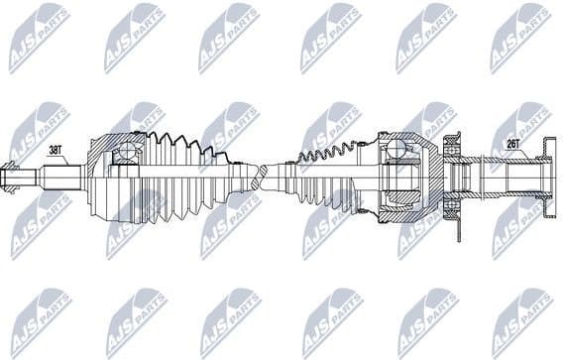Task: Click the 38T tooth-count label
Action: (56, 150)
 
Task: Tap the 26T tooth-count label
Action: (512, 143)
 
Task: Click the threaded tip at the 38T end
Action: (11, 180)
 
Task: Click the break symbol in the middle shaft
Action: (261, 180)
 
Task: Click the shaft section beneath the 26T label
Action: (510, 180)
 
